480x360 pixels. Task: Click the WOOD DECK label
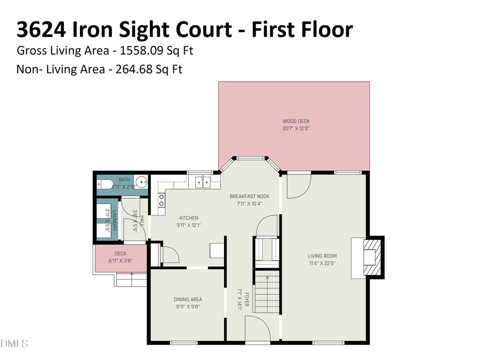pos(296,121)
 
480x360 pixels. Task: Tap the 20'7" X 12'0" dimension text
pos(296,129)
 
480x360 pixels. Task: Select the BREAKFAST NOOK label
pos(246,196)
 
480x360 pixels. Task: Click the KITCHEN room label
pos(189,218)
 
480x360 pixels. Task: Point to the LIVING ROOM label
pos(322,255)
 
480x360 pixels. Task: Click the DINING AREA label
pos(188,299)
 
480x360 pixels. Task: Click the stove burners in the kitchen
pos(161,200)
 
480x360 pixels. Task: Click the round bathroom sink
pos(141,183)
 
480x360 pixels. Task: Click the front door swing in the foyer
pos(255,326)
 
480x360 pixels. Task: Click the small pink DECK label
pos(121,253)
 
